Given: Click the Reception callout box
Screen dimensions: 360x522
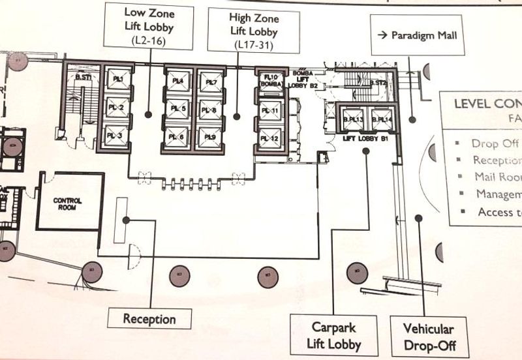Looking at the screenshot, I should coord(150,319).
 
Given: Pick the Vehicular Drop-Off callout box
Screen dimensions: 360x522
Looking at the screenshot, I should coord(428,337).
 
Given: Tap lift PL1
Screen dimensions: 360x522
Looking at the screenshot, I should coord(118,80).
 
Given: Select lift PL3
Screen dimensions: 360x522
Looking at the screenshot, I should coord(118,135).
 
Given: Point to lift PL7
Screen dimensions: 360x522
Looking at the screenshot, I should coord(211,81).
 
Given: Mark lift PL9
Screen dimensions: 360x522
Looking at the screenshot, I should coord(211,136).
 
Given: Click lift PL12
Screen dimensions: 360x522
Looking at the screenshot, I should coord(270,138).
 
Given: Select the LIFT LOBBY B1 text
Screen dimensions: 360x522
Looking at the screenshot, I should coord(365,138).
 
